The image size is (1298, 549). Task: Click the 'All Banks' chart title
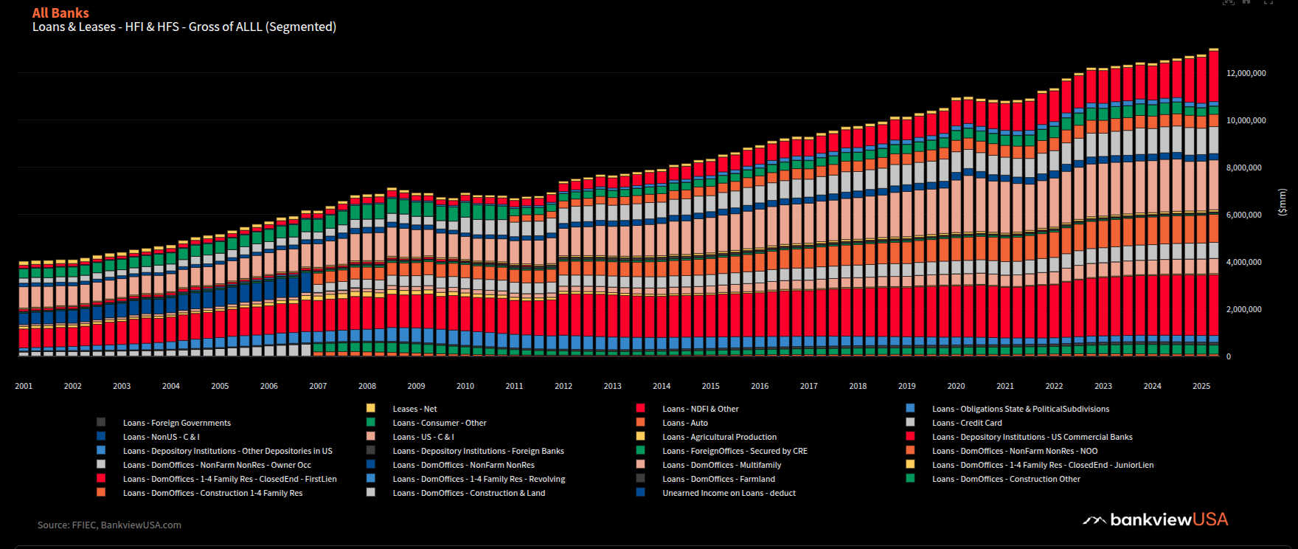pos(60,13)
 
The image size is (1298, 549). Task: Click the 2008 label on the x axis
pos(367,386)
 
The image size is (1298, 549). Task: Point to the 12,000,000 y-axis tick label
pos(1246,73)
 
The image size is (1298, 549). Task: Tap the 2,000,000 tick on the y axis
pos(1243,309)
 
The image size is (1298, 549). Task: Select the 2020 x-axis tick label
pos(956,386)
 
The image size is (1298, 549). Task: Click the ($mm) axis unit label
pos(1282,201)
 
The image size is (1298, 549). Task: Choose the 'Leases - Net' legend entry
pos(414,409)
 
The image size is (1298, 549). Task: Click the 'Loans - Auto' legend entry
pos(684,423)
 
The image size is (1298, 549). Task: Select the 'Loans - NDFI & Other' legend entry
pos(700,409)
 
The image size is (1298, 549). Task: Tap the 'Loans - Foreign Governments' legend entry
pos(176,423)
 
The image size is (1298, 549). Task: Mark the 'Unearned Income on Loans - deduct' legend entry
pos(729,493)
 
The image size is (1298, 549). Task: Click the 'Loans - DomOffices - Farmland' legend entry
pos(718,479)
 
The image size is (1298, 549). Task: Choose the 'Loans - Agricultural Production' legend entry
pos(719,437)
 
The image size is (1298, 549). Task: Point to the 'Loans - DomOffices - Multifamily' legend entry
pos(721,465)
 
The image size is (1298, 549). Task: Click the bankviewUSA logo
pos(1156,519)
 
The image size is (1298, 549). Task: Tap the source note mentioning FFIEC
pos(109,525)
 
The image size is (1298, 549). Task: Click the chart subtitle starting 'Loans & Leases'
pos(184,27)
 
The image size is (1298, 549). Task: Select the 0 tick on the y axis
pos(1229,356)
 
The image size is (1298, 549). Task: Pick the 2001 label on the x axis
pos(24,386)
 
